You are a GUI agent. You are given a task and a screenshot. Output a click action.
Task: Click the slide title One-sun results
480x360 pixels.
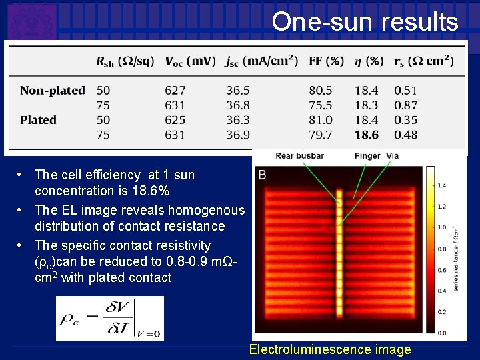(365, 22)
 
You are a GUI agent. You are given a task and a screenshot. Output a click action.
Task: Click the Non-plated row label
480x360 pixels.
(53, 90)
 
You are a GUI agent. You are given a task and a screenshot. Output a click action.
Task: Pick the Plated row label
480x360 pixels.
(38, 120)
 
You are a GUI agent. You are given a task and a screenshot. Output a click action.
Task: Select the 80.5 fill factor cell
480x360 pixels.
(321, 90)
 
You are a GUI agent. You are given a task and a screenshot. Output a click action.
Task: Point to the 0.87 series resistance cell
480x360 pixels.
(406, 105)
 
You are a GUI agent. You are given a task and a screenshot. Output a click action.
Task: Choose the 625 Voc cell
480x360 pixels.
(175, 120)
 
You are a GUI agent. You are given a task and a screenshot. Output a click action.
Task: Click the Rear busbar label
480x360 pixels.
(299, 156)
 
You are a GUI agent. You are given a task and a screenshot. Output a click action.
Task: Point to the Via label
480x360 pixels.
(392, 156)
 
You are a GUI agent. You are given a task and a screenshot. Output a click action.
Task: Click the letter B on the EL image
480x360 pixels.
(262, 175)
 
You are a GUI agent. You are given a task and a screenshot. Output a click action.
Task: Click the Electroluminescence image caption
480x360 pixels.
(330, 349)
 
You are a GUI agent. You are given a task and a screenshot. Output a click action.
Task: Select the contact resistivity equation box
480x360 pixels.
(109, 318)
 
